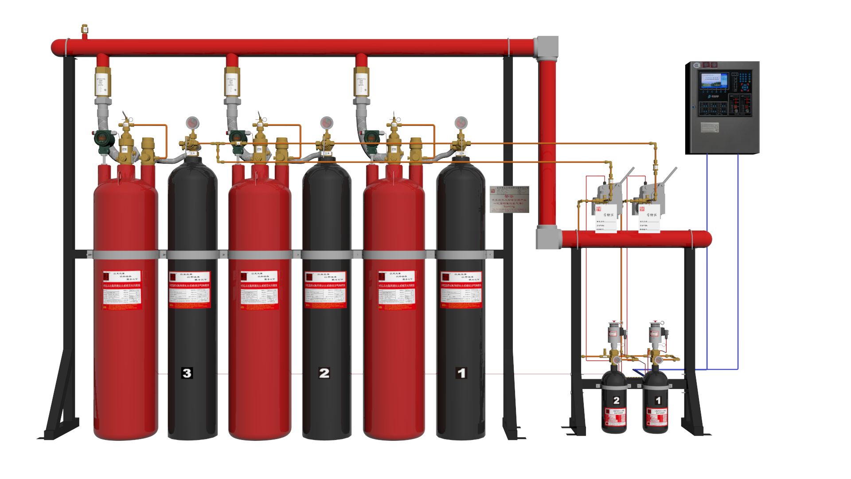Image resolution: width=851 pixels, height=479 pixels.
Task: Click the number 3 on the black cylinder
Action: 187,373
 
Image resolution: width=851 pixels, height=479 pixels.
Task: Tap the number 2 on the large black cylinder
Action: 324,373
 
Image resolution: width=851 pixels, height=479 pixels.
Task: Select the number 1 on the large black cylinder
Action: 461,373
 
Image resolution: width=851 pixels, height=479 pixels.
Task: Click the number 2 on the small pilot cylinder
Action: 617,400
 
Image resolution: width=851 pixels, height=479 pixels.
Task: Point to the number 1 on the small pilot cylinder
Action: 658,400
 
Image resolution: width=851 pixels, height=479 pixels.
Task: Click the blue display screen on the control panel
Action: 714,81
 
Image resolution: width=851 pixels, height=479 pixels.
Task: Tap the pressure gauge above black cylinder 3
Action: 192,122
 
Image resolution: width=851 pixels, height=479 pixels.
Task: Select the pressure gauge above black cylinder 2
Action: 327,122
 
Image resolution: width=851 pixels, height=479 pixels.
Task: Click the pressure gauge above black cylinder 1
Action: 461,122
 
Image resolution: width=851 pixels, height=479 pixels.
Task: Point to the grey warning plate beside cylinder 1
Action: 509,199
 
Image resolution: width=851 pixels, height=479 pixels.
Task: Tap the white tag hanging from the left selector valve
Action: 606,219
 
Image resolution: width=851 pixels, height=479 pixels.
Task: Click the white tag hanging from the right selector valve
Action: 649,219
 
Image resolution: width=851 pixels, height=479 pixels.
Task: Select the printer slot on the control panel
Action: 710,128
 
